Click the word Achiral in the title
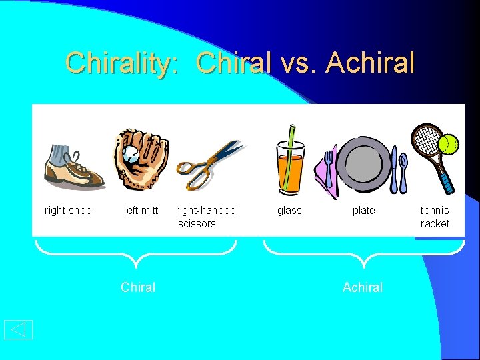(371, 63)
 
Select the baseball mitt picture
(141, 158)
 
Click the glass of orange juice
(291, 170)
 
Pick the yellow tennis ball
(449, 143)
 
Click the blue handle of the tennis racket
(446, 179)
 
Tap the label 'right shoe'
(68, 211)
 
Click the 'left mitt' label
(141, 211)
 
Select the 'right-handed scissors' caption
(205, 217)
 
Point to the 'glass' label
(289, 211)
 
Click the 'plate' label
(363, 211)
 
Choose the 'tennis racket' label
(435, 217)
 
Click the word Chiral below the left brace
(138, 287)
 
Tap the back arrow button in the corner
(18, 329)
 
